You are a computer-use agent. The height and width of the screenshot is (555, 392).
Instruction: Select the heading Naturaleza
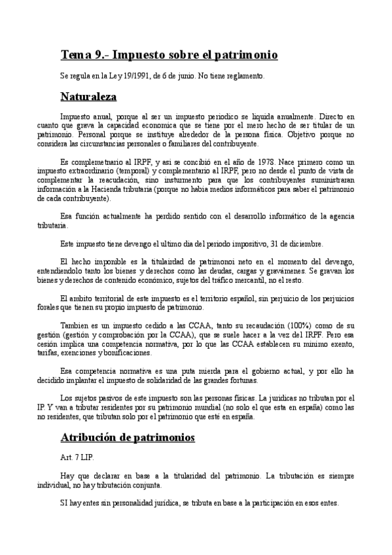pos(88,98)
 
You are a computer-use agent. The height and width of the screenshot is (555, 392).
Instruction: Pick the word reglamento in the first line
pos(242,77)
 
